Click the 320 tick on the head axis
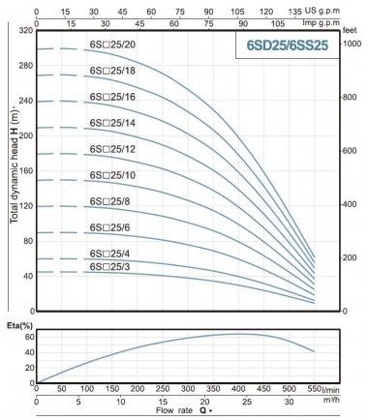(23, 31)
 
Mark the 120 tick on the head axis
(23, 206)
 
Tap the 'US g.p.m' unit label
(345, 7)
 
